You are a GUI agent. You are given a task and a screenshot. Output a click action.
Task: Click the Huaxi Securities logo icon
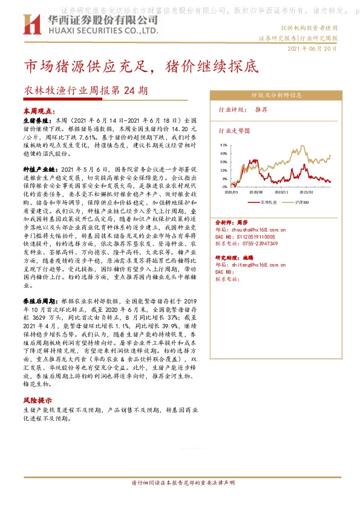pyautogui.click(x=31, y=24)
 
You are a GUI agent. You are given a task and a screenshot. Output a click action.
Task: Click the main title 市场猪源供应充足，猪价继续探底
pyautogui.click(x=133, y=67)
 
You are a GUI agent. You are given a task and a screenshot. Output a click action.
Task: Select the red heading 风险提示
pyautogui.click(x=37, y=400)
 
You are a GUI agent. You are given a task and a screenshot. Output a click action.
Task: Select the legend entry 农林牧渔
pyautogui.click(x=269, y=200)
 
